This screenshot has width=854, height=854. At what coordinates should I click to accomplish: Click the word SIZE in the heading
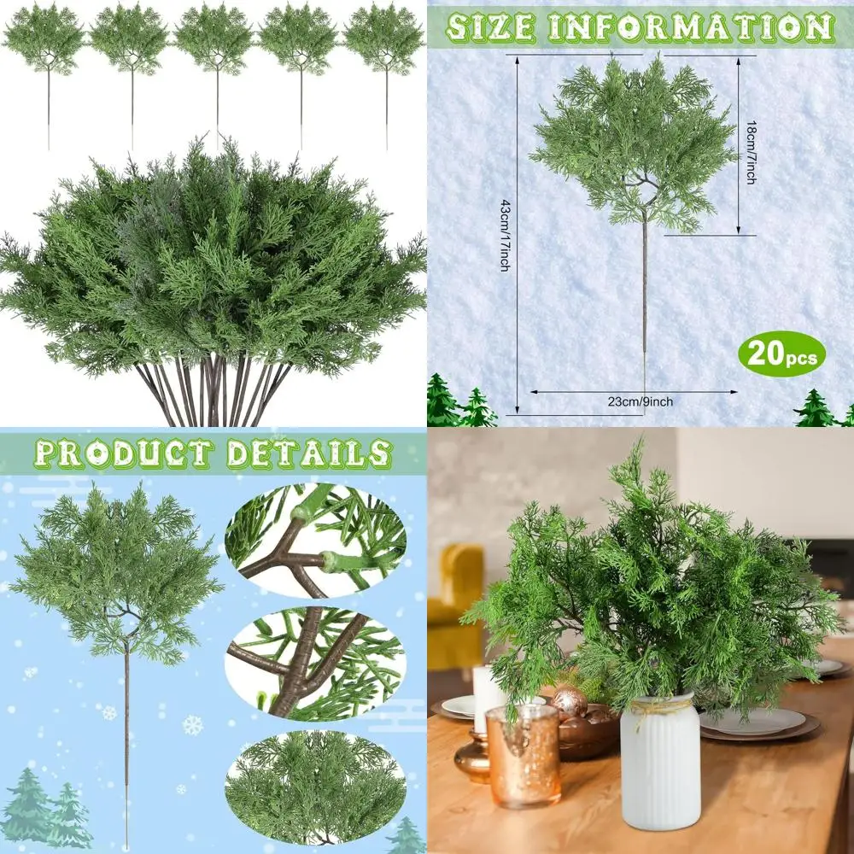coord(490,27)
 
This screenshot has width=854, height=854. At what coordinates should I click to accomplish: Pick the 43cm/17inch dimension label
coord(505,231)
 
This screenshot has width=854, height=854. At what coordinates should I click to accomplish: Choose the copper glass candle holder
coord(523,757)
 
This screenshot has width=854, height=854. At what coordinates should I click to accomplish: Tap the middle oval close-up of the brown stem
coord(315,662)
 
